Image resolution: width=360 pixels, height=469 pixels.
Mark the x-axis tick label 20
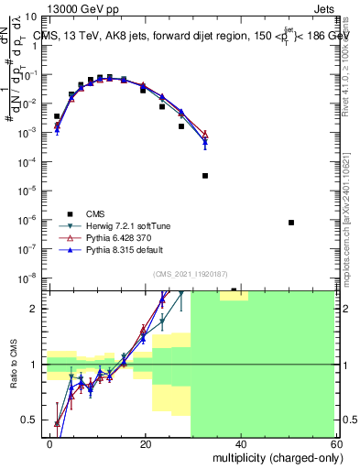point(145,443)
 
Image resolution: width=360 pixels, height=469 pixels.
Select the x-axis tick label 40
point(240,443)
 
